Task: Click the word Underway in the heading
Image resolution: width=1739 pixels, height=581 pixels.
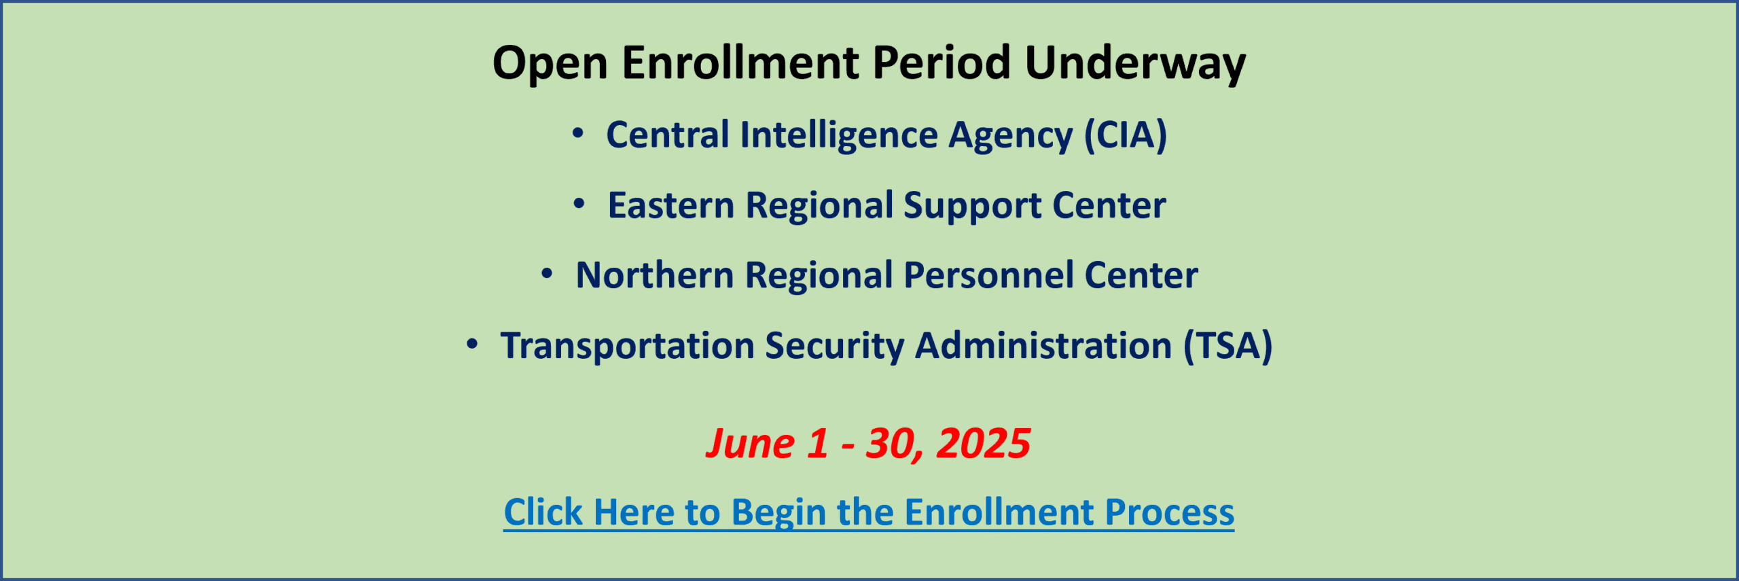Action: (x=1135, y=63)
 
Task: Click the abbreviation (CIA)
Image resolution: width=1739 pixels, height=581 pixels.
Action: (x=1126, y=135)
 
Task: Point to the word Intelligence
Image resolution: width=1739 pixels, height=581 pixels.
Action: (x=839, y=135)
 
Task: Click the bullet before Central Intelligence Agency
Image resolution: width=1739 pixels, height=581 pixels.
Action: (x=577, y=133)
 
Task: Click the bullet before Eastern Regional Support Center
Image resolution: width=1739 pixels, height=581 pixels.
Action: (x=579, y=203)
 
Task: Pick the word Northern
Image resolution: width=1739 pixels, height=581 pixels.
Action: (x=655, y=275)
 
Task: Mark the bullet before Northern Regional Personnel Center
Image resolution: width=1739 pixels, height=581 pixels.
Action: (x=547, y=274)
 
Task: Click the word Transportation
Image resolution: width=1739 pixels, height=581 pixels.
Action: (x=628, y=346)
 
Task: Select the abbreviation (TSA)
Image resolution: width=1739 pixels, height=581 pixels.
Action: (x=1228, y=346)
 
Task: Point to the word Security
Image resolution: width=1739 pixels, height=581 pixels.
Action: (x=835, y=347)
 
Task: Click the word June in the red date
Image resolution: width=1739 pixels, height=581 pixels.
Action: (x=750, y=444)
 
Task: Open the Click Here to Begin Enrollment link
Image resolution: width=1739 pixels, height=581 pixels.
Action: (x=869, y=512)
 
